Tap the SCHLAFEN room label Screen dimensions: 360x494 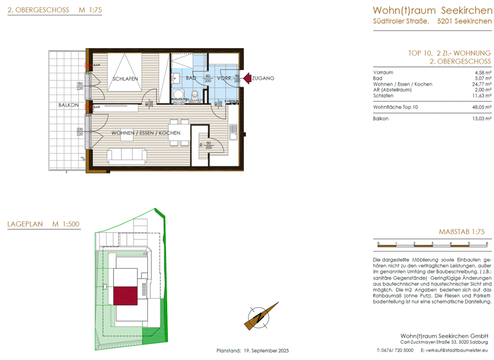point(125,79)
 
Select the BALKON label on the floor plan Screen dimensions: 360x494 point(68,105)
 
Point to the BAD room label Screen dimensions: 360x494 point(190,78)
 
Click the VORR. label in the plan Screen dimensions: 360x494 point(224,78)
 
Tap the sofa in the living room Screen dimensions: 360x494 point(128,156)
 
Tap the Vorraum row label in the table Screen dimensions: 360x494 point(383,73)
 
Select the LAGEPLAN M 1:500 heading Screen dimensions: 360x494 point(43,224)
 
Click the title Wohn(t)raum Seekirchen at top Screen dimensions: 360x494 point(432,10)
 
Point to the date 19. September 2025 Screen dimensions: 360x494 point(266,350)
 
